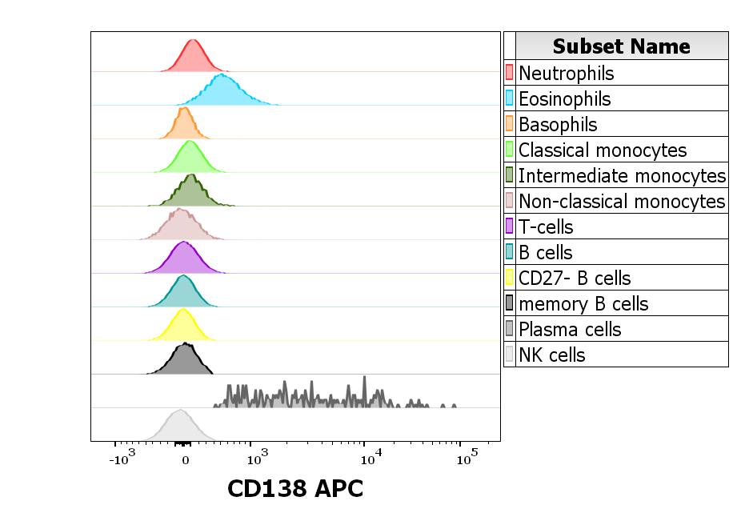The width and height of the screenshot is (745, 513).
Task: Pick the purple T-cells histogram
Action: tap(184, 259)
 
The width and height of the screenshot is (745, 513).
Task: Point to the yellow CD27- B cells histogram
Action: tap(184, 327)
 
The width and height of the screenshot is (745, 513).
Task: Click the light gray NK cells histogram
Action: tap(179, 427)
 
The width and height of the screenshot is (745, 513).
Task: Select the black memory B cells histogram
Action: tap(184, 361)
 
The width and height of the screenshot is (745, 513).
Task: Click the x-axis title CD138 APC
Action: tap(295, 488)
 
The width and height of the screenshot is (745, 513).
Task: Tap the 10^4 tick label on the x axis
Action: tap(370, 459)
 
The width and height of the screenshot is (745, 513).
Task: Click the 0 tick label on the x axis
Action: tap(185, 461)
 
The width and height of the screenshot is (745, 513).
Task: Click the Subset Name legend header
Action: tap(621, 46)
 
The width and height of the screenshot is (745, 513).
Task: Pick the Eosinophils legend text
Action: tap(564, 99)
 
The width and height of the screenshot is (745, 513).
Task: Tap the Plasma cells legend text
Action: tap(570, 330)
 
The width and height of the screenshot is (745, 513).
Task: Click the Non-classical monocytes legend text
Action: tap(622, 202)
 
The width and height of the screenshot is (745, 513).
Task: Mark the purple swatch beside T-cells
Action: tap(510, 227)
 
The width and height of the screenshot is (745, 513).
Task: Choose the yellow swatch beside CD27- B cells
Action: tap(510, 279)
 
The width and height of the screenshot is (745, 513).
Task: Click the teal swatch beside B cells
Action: tap(510, 253)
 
